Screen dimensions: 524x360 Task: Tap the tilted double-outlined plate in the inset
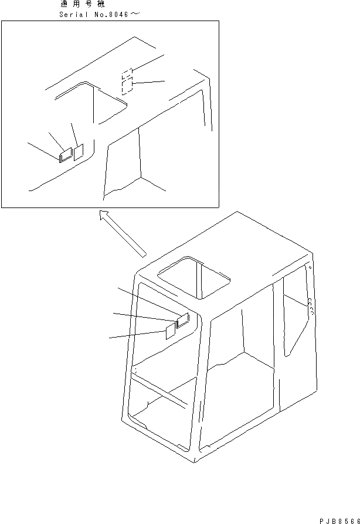point(64,154)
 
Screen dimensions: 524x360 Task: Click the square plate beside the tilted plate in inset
point(79,152)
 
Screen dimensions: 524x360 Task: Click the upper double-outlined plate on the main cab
point(182,320)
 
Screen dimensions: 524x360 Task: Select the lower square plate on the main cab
point(170,331)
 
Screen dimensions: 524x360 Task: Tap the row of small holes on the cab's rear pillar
point(309,308)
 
